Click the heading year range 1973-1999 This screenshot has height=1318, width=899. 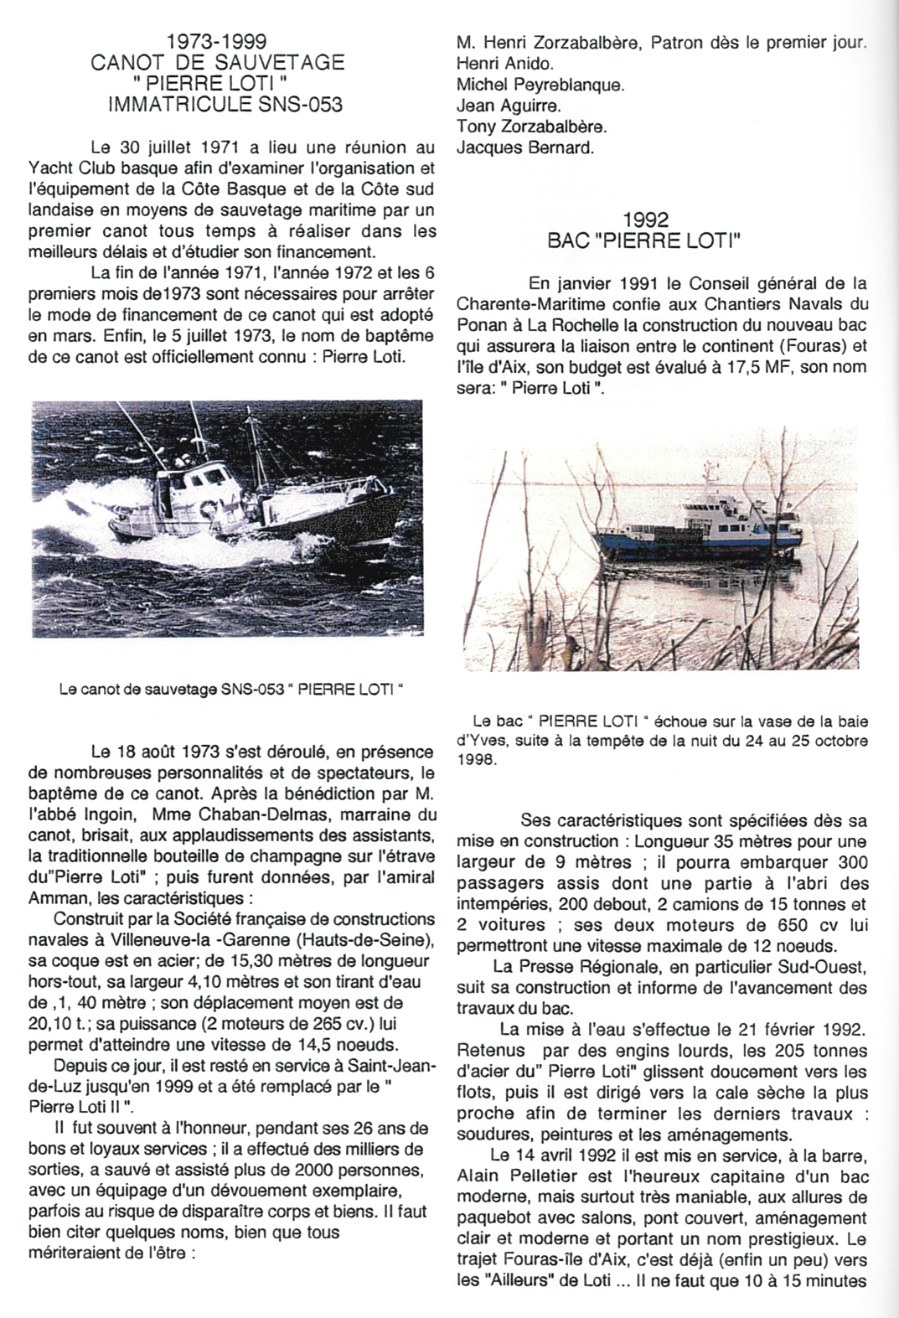click(216, 41)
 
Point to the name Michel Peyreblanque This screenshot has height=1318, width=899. click(540, 85)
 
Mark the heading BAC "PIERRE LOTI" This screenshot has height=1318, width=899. click(644, 242)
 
